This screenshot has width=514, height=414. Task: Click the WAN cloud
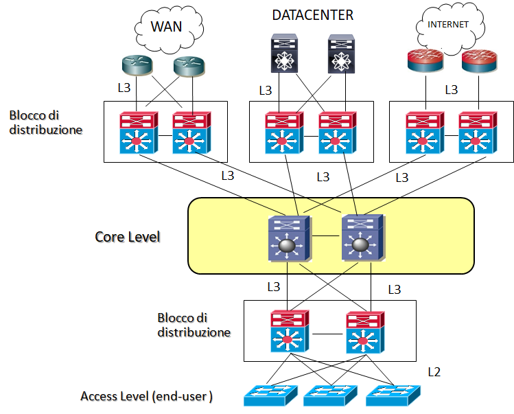click(167, 29)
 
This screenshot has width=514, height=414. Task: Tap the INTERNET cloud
click(449, 27)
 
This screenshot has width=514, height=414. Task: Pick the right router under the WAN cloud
click(189, 65)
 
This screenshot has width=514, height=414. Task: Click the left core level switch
click(290, 238)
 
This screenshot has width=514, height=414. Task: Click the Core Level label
click(127, 237)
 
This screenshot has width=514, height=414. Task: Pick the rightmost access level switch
click(392, 395)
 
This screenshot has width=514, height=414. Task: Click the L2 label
click(434, 372)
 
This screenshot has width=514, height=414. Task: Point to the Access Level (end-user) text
click(146, 396)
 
